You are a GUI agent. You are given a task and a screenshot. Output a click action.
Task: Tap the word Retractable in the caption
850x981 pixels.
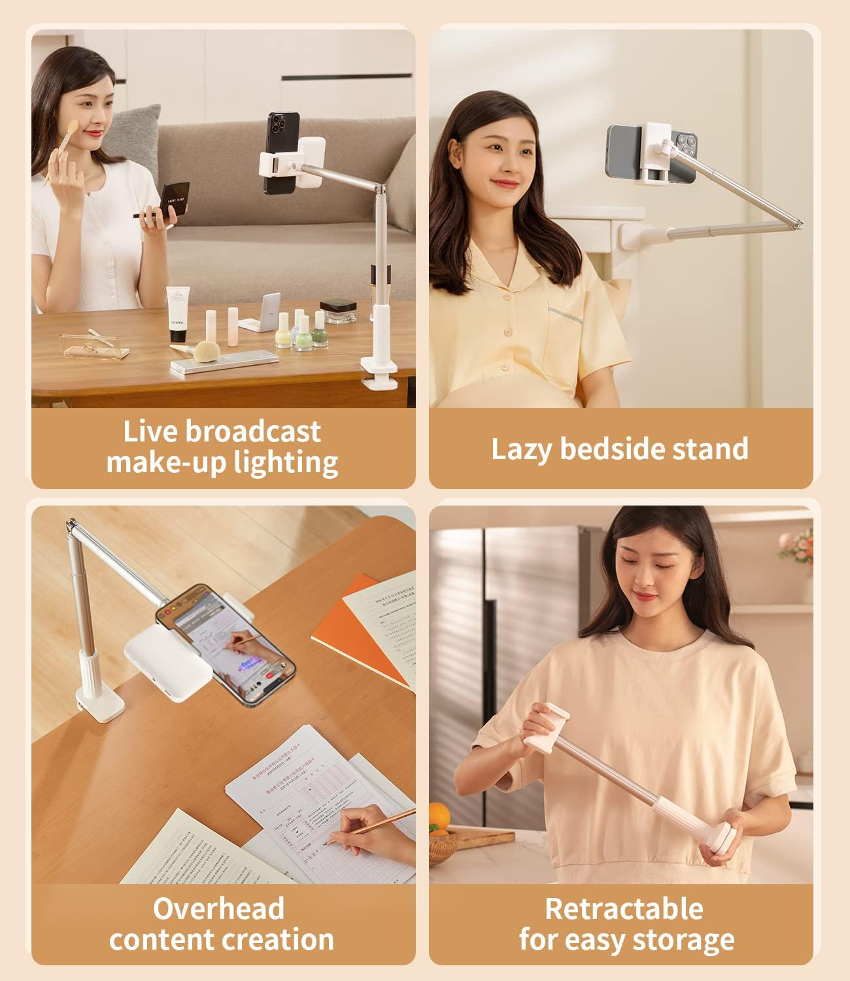click(x=624, y=909)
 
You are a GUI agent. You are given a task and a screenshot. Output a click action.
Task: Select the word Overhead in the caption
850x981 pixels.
click(x=218, y=909)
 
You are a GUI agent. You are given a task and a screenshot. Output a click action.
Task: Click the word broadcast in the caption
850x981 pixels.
click(x=254, y=432)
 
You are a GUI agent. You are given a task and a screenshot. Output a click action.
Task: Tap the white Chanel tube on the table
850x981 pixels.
click(x=177, y=314)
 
